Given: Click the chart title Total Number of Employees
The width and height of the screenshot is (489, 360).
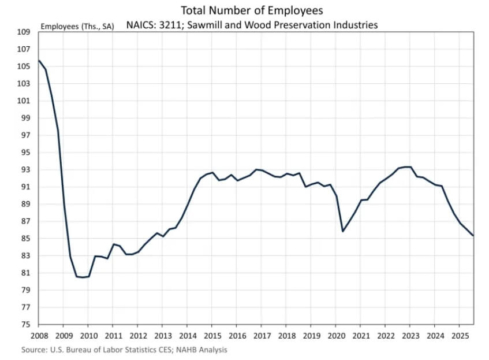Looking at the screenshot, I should (252, 10).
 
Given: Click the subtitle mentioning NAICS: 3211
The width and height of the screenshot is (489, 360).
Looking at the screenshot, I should (252, 25).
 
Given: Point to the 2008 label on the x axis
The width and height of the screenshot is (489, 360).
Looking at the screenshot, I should (38, 336).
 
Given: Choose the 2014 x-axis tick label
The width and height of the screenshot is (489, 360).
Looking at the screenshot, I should (188, 336).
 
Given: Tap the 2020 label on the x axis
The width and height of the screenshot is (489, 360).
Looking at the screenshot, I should (337, 336).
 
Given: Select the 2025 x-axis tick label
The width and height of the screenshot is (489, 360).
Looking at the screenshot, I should (461, 336).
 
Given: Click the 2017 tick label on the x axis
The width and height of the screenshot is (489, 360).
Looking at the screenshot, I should (262, 336).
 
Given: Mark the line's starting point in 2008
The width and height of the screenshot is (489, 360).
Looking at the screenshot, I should (39, 61).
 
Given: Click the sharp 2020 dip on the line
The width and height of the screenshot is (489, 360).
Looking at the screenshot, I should (343, 231).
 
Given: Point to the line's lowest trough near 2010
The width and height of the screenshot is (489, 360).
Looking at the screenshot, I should (83, 277).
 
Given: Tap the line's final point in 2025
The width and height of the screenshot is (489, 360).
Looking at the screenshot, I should (473, 235).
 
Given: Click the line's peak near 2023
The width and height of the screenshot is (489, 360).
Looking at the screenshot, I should (408, 167).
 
